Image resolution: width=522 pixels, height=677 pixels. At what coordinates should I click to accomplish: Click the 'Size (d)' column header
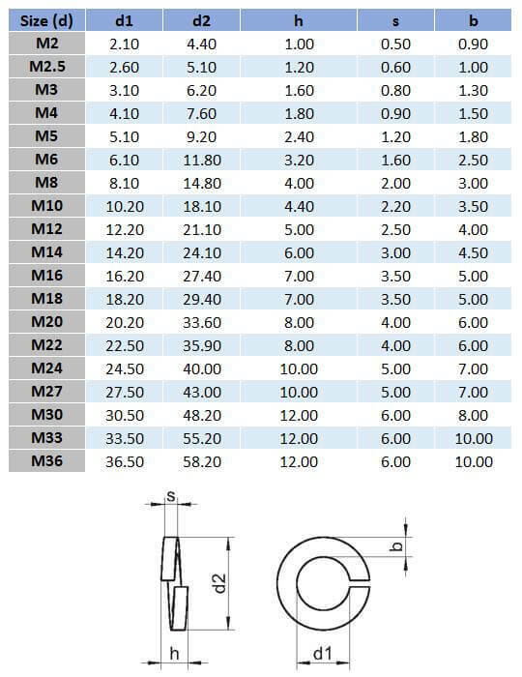click(46, 20)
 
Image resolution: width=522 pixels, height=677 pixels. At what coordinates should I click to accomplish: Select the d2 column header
click(201, 20)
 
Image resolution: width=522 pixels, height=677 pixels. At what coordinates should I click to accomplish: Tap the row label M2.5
click(46, 67)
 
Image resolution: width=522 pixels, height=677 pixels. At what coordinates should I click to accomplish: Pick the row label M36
click(46, 461)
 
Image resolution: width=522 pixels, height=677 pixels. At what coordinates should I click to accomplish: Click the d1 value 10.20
click(124, 206)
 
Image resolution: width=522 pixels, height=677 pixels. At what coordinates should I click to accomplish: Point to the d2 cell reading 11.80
click(201, 160)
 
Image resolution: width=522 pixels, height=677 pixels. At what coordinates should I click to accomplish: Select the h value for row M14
click(299, 252)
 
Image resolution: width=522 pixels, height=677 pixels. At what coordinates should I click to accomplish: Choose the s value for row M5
click(396, 136)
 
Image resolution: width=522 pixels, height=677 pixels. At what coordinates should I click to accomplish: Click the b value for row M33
click(474, 438)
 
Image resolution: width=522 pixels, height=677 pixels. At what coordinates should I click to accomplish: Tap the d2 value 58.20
click(201, 461)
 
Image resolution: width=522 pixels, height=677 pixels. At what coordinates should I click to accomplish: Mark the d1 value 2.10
click(124, 44)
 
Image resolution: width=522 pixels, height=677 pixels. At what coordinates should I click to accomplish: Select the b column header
click(474, 20)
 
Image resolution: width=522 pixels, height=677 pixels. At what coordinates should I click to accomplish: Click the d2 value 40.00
click(201, 368)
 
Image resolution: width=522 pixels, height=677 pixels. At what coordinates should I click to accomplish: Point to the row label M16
click(46, 276)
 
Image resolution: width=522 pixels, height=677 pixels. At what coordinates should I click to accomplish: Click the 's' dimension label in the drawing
click(171, 497)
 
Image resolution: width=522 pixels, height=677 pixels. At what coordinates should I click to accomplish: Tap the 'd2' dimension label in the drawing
click(219, 582)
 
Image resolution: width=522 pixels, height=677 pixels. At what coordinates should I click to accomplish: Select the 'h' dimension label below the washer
click(174, 654)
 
